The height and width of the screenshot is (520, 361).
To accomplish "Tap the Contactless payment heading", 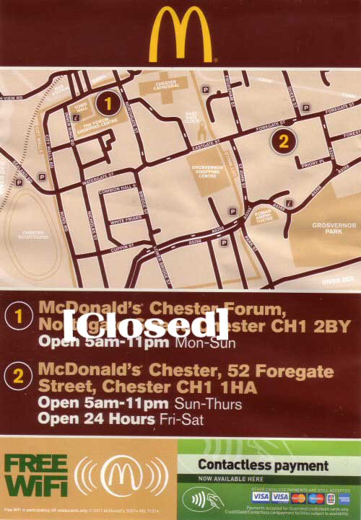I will pos(263,465).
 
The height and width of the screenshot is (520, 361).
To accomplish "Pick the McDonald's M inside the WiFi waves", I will pos(123,476).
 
